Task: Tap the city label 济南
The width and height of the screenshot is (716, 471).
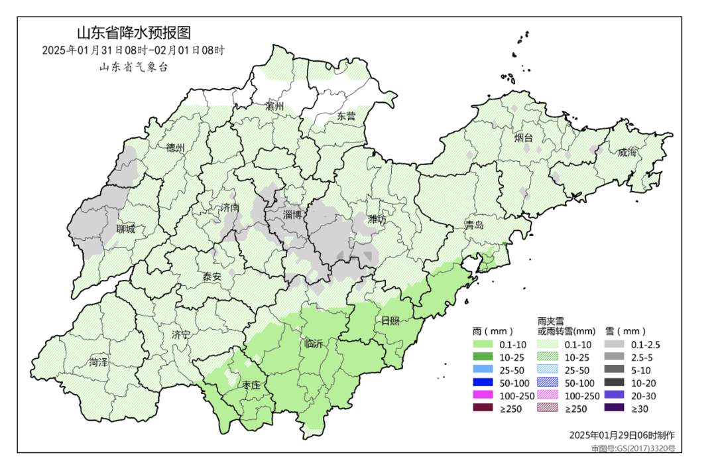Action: [x=229, y=208]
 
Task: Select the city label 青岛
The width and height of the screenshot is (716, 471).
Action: [x=474, y=225]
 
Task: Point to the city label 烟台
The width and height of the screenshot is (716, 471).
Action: [x=524, y=138]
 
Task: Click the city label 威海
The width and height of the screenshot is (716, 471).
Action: [x=626, y=153]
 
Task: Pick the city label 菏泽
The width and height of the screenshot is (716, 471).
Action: [x=99, y=362]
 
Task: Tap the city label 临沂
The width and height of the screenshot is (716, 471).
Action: [x=313, y=344]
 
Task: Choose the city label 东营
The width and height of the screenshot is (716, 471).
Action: [x=346, y=116]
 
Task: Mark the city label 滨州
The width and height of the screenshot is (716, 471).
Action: [x=274, y=106]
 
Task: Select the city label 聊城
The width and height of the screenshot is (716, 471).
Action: [x=125, y=230]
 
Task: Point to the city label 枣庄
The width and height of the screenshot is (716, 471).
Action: [x=251, y=385]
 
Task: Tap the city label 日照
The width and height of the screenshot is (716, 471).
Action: [x=390, y=321]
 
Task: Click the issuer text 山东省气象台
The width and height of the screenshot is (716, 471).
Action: [x=134, y=66]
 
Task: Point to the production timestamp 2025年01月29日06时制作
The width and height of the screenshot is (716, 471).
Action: [x=622, y=435]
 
